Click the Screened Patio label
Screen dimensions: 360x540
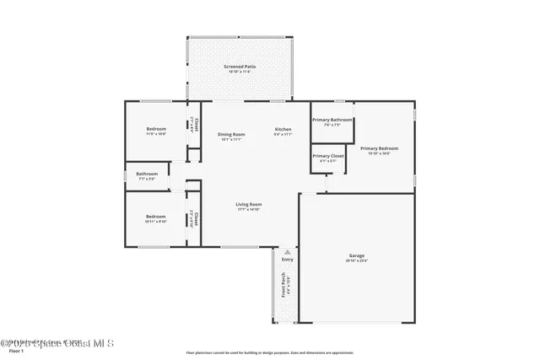(x=240, y=66)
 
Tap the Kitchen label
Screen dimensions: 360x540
(x=283, y=129)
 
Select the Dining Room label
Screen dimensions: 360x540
(x=231, y=134)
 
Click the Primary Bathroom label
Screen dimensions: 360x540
(x=332, y=120)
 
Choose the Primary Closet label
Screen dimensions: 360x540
(x=327, y=155)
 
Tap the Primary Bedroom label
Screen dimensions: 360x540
(x=379, y=148)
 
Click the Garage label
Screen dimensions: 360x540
(x=357, y=255)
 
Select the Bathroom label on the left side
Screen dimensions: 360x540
(x=147, y=174)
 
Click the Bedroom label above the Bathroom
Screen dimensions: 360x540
(x=155, y=129)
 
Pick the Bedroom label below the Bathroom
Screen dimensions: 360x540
(x=155, y=216)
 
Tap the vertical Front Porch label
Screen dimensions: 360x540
(x=283, y=287)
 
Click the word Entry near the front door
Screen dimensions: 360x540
(x=288, y=260)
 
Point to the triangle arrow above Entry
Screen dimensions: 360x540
(x=288, y=251)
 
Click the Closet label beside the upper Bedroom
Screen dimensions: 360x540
(x=197, y=125)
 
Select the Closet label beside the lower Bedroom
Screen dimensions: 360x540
(x=197, y=218)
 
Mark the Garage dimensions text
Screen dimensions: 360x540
(x=357, y=261)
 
